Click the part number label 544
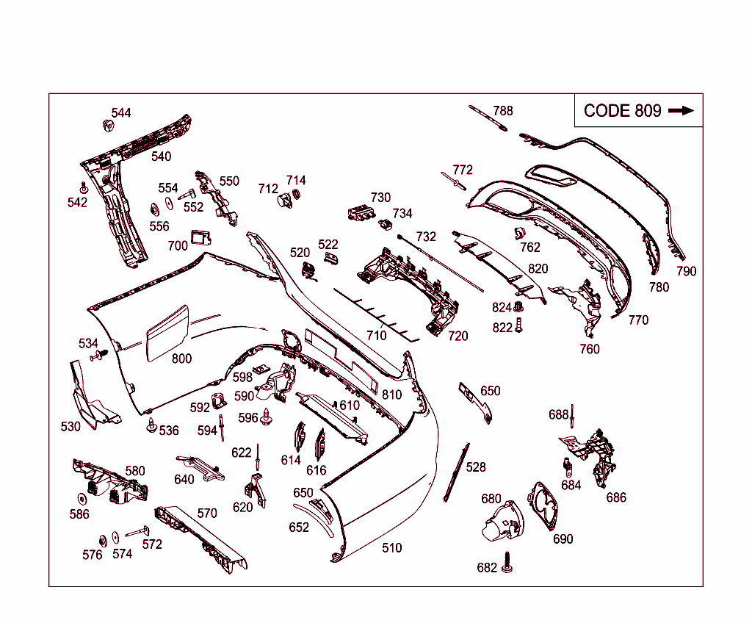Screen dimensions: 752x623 pyautogui.click(x=121, y=113)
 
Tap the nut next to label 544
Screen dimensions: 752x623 pyautogui.click(x=109, y=126)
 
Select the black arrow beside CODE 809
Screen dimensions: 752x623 pyautogui.click(x=681, y=110)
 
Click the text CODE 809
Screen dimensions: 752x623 pyautogui.click(x=623, y=111)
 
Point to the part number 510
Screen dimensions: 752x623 pyautogui.click(x=392, y=547)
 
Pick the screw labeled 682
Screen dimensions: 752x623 pyautogui.click(x=507, y=563)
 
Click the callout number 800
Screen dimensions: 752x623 pyautogui.click(x=182, y=359)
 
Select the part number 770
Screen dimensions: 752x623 pyautogui.click(x=638, y=320)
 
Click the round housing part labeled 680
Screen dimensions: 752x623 pyautogui.click(x=502, y=521)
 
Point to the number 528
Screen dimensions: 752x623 pyautogui.click(x=476, y=467)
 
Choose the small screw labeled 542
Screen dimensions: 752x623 pyautogui.click(x=84, y=187)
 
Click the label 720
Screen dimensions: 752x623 pyautogui.click(x=458, y=336)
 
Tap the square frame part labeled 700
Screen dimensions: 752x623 pyautogui.click(x=200, y=237)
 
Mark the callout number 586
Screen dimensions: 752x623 pyautogui.click(x=79, y=514)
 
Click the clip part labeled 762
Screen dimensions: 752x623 pyautogui.click(x=519, y=233)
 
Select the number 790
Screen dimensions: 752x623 pyautogui.click(x=687, y=271)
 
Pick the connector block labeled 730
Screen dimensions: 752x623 pyautogui.click(x=361, y=213)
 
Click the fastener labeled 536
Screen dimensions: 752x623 pyautogui.click(x=152, y=425)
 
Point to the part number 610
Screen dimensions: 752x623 pyautogui.click(x=350, y=406)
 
